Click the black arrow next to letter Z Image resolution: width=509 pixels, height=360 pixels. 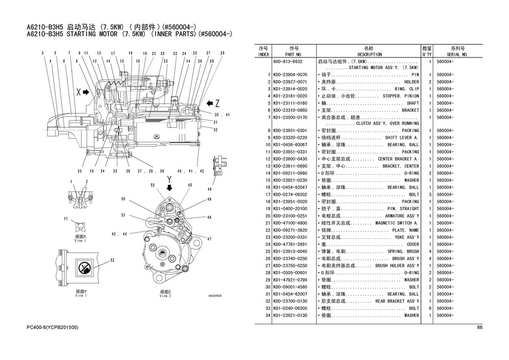click(x=206, y=102)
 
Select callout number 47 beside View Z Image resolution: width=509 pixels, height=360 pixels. click(x=210, y=239)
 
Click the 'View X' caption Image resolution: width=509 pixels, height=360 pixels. click(x=81, y=239)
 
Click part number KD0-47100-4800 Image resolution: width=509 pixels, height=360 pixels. click(x=290, y=222)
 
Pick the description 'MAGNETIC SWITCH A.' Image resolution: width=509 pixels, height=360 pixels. click(x=393, y=222)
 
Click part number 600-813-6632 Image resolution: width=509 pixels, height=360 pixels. click(x=288, y=61)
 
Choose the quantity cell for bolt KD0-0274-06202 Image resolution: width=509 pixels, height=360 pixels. click(x=429, y=195)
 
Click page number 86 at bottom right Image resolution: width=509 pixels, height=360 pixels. click(x=480, y=328)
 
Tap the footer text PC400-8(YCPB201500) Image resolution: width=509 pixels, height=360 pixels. click(x=53, y=328)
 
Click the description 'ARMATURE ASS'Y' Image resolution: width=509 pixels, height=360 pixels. click(x=397, y=216)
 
